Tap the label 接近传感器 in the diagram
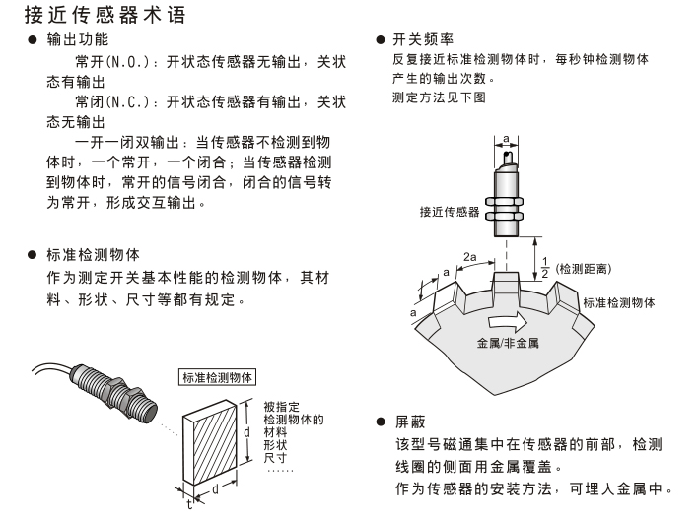[450, 210]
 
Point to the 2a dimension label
[471, 254]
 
